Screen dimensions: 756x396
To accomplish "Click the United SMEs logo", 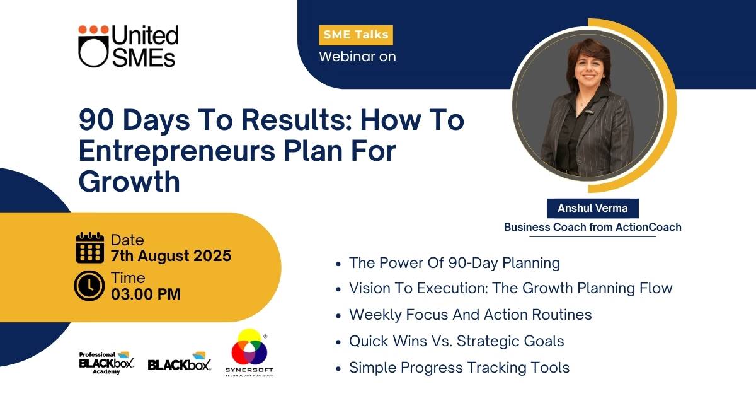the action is click(x=129, y=46).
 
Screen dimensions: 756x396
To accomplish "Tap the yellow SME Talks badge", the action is click(x=356, y=35).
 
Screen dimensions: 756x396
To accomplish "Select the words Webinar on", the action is click(x=357, y=56).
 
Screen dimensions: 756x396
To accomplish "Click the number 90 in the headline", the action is click(x=96, y=120).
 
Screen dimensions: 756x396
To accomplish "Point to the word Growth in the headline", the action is click(x=129, y=182).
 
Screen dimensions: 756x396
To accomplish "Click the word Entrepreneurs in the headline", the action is click(x=177, y=151).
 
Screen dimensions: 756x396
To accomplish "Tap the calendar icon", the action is click(x=89, y=248).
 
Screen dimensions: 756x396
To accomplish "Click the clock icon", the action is click(x=89, y=286).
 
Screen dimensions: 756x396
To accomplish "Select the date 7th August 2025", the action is click(x=171, y=256).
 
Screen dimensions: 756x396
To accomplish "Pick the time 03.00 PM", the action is click(x=146, y=294).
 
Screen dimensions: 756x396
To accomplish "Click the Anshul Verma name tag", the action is click(x=593, y=208).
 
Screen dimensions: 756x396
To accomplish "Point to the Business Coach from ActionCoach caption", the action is click(x=593, y=227).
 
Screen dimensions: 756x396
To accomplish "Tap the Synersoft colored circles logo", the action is click(x=249, y=347).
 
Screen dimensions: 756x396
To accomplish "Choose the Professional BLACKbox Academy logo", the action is click(x=106, y=363).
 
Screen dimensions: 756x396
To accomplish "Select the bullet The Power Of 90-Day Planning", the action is click(x=454, y=263).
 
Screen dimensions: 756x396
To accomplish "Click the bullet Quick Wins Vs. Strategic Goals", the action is click(x=456, y=341).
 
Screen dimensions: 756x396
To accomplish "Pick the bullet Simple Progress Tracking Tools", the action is click(x=459, y=368).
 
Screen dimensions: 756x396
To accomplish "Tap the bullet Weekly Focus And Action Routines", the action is click(x=470, y=315).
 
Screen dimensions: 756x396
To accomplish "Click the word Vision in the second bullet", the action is click(x=368, y=288).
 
